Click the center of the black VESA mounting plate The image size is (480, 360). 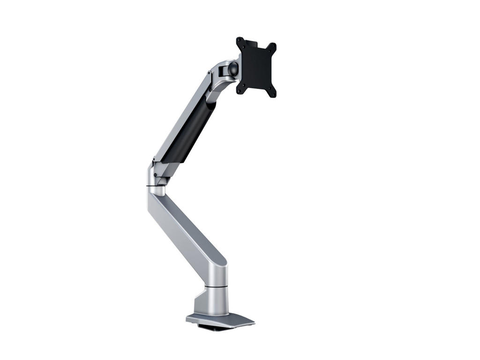(256, 67)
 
